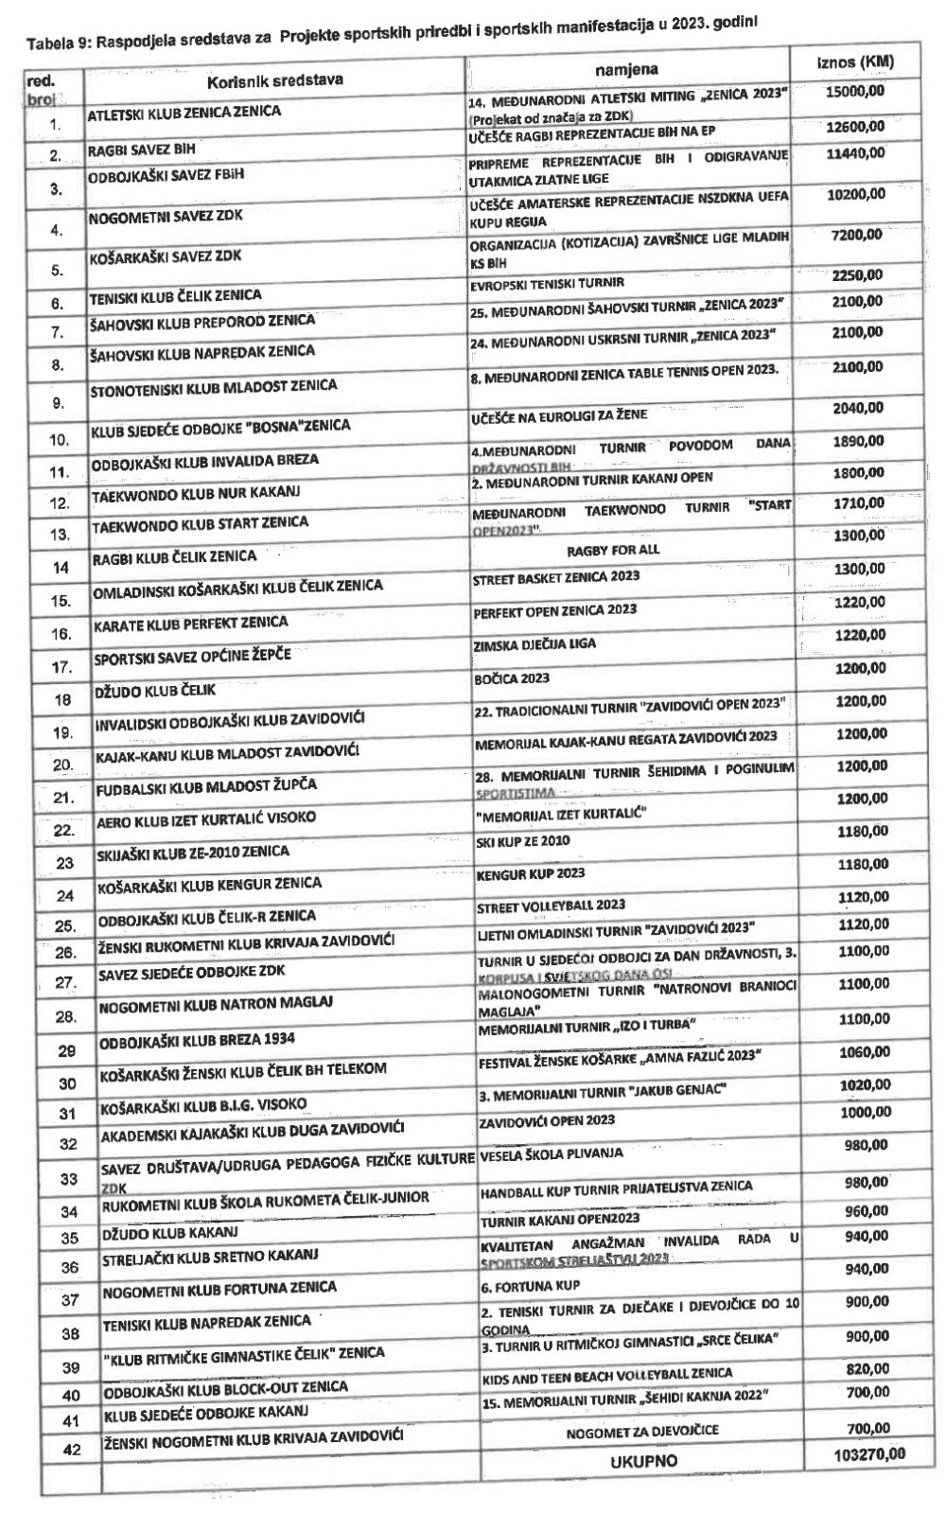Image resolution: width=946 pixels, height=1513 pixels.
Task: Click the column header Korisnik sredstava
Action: (x=273, y=80)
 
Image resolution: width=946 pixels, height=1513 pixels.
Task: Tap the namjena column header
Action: (x=626, y=70)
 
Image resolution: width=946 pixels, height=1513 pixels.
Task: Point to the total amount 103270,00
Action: (x=863, y=1452)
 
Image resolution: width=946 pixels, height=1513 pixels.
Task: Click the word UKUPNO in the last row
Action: (x=643, y=1461)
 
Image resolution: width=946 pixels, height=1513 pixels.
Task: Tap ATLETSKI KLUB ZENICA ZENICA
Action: (x=184, y=113)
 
